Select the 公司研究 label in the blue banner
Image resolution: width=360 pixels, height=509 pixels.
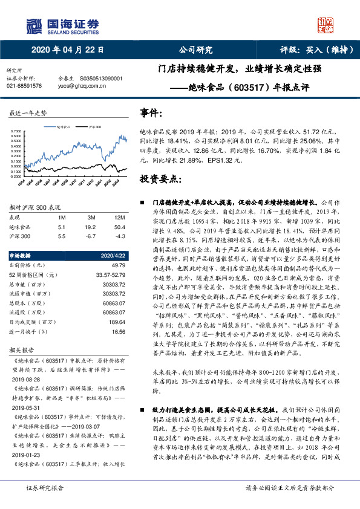click(195, 50)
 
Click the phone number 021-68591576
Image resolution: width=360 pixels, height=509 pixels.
click(24, 86)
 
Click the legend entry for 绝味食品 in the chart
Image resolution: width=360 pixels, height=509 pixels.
click(60, 127)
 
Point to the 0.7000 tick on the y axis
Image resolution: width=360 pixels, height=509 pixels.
click(19, 131)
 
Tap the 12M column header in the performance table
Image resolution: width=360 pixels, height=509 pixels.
click(119, 216)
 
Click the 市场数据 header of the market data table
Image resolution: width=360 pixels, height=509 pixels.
click(23, 255)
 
